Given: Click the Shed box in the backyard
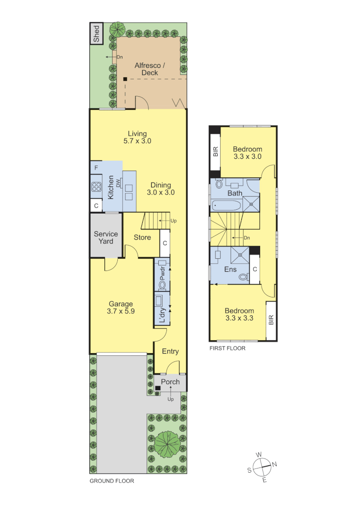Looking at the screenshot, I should [x=96, y=33].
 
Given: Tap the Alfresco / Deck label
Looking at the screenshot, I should [x=150, y=69].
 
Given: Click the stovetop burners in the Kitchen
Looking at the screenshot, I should [x=97, y=186].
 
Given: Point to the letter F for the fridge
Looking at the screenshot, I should [x=96, y=168].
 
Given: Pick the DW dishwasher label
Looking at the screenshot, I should [x=119, y=183].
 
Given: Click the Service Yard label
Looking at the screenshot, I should [x=106, y=238].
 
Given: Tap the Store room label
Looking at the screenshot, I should [x=142, y=238].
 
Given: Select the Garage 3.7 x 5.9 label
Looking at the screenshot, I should [x=121, y=307].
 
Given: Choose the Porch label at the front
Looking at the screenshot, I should [x=171, y=382].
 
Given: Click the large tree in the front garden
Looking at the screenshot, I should [x=167, y=443].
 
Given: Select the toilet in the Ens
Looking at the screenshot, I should [x=243, y=277].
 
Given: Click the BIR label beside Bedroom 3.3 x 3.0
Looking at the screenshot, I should [x=215, y=152].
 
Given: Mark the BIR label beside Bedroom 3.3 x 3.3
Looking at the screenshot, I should [x=271, y=320].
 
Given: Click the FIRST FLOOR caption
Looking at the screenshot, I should [x=228, y=349].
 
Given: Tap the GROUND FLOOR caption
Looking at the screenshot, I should [x=112, y=481].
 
